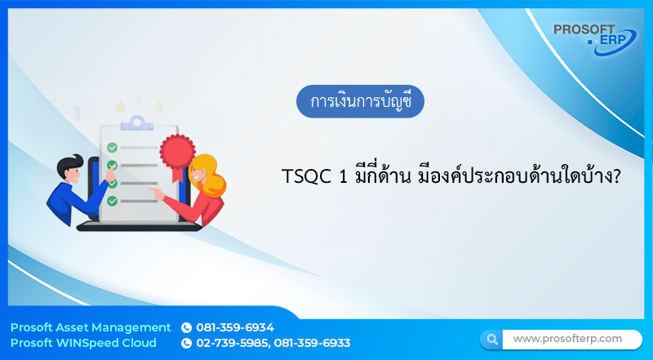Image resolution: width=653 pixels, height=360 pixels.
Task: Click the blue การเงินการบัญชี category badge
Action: point(360,101)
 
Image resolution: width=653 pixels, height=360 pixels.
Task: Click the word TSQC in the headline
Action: point(303,176)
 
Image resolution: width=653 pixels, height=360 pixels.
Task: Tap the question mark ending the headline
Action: point(615,176)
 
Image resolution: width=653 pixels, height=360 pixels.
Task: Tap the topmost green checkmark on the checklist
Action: point(113,147)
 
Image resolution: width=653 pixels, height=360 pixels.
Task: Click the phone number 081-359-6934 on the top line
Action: point(235,327)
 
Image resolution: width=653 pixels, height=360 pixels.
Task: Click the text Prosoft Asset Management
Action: point(91,327)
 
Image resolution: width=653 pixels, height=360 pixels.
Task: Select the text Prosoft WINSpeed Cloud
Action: point(83,343)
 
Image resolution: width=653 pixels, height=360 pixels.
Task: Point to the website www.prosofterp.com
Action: point(567,338)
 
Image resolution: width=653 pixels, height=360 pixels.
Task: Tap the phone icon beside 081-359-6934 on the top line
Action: point(186,327)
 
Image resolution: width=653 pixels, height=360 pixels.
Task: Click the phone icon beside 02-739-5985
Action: point(186,343)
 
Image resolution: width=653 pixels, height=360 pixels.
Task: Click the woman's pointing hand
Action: point(157,193)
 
